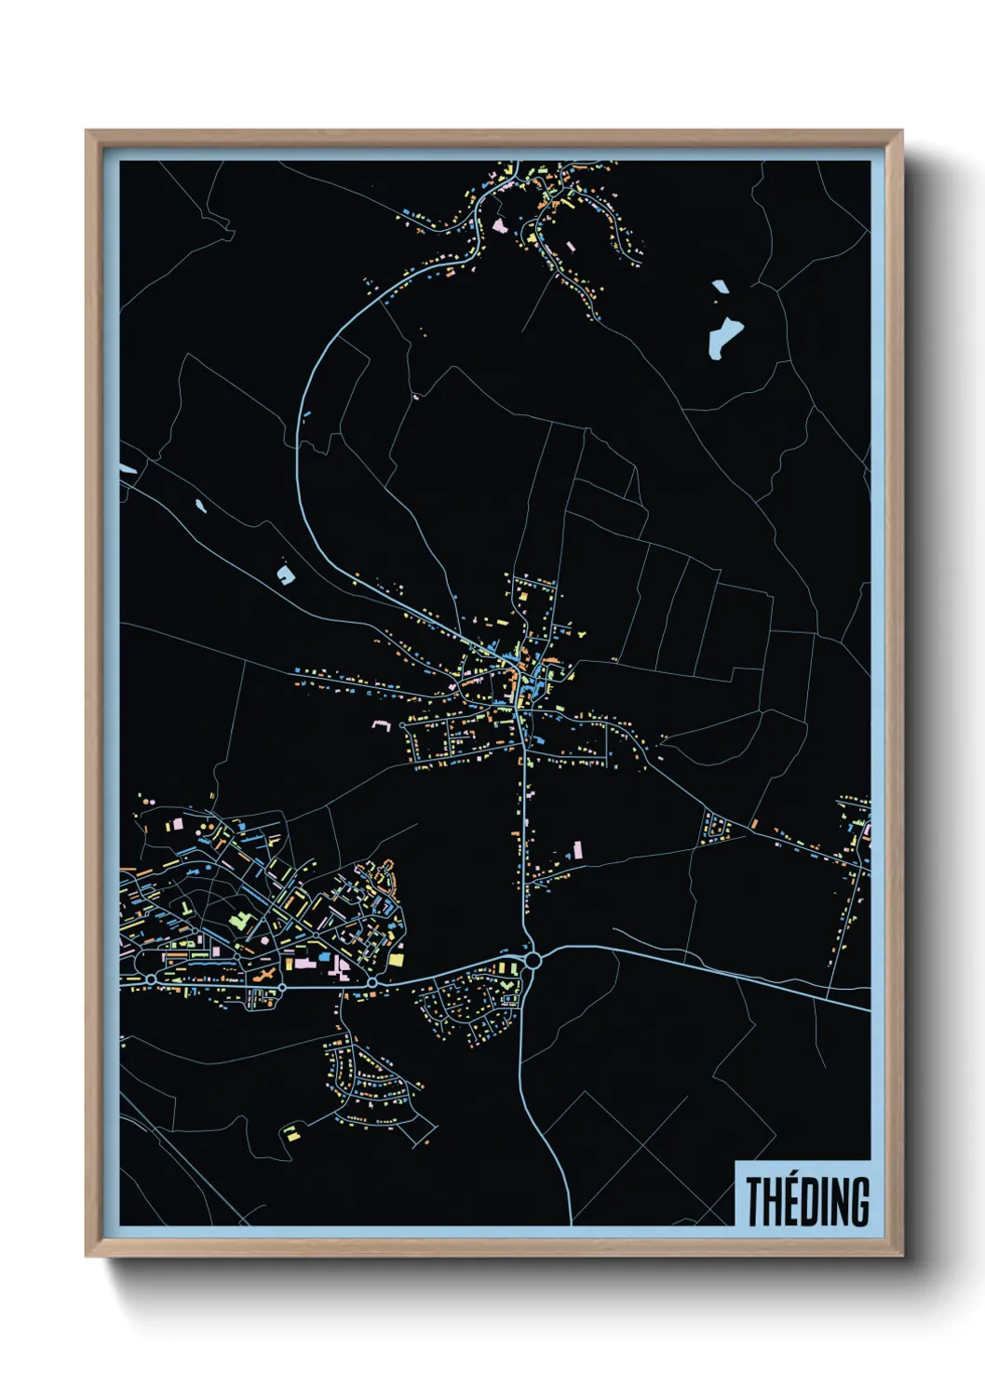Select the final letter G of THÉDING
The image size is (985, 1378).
(860, 1202)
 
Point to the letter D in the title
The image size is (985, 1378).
(807, 1202)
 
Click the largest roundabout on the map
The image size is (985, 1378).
(533, 959)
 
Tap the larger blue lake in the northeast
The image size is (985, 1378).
(724, 337)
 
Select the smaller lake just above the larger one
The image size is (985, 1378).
(720, 287)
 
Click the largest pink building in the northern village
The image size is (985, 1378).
(500, 225)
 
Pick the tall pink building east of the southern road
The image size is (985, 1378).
(577, 850)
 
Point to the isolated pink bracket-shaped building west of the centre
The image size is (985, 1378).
(380, 723)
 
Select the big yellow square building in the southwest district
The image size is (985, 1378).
(398, 958)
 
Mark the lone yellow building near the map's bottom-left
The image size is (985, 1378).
(291, 1133)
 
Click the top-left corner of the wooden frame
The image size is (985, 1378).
(87, 131)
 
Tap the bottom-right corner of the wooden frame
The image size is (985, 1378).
(901, 1255)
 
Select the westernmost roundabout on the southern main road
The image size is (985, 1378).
(151, 979)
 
